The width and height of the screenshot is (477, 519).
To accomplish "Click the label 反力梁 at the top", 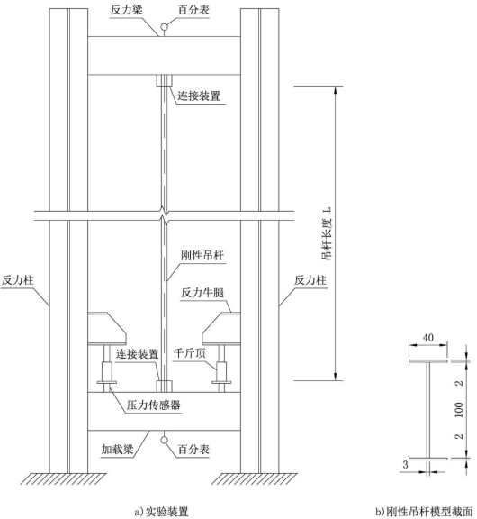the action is [127, 10].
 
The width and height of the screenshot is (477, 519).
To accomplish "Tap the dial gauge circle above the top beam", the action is [165, 27].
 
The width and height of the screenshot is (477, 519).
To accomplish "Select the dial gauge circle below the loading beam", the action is [164, 440].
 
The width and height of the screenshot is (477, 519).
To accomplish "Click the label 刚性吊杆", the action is [202, 256].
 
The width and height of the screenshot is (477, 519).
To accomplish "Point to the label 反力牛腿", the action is [202, 293].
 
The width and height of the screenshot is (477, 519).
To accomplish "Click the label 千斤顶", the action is [190, 353].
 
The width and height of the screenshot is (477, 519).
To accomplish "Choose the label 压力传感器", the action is [154, 405].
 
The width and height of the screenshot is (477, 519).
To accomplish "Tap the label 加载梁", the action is [118, 449].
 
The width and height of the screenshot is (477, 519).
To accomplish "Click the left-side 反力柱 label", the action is [17, 280].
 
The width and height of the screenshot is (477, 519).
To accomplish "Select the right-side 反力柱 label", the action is [310, 280].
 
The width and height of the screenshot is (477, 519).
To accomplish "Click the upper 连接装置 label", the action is [199, 96].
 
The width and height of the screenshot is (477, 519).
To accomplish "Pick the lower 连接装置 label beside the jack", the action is [137, 354].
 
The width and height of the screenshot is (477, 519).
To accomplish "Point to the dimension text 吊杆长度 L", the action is [327, 233].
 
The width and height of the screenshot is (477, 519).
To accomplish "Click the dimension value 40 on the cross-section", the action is [428, 338].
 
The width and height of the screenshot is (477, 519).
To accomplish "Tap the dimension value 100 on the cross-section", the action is [459, 410].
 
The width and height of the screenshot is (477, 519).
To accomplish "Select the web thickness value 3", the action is [405, 465].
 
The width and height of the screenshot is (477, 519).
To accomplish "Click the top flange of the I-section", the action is [428, 360].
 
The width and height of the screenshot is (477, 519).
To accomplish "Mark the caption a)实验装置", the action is [162, 512].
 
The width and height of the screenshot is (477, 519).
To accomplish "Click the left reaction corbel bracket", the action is [107, 328].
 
